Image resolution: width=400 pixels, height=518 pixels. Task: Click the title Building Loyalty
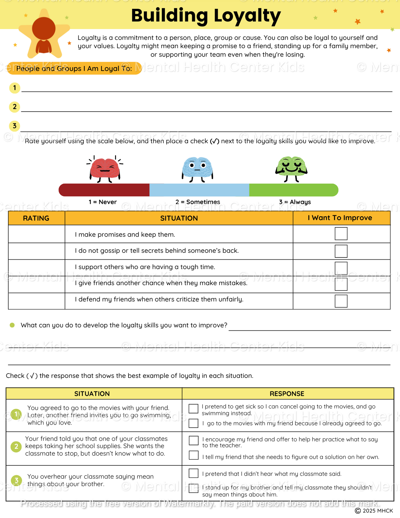(x=206, y=16)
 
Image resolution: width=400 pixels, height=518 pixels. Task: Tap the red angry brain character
(x=105, y=168)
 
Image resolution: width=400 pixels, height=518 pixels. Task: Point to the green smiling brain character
(x=291, y=167)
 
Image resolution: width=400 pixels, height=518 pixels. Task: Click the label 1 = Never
(x=103, y=202)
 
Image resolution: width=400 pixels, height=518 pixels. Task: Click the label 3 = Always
(x=295, y=202)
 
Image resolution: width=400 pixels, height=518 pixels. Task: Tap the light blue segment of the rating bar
(x=199, y=190)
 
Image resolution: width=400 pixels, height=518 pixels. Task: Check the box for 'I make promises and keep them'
(x=341, y=234)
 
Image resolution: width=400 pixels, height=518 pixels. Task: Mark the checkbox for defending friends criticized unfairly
(x=341, y=301)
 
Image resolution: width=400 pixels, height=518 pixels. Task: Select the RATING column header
(x=36, y=218)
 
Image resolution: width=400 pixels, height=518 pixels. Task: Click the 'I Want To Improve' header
(x=340, y=218)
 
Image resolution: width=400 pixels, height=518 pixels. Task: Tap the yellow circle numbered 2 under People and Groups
(x=15, y=107)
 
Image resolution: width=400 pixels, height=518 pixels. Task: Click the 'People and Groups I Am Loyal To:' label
(x=74, y=68)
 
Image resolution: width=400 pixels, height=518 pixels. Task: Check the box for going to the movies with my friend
(x=193, y=423)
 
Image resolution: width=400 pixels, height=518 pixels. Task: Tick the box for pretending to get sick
(x=193, y=408)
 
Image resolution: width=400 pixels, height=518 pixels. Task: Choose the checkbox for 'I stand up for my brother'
(x=193, y=488)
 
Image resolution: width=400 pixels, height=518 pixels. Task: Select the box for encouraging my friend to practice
(x=193, y=440)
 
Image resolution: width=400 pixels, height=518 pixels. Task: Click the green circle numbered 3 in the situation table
(x=16, y=480)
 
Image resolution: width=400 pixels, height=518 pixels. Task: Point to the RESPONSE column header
(x=287, y=394)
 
